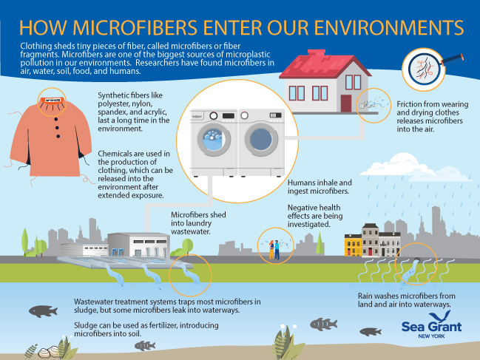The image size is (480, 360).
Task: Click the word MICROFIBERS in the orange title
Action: click(x=135, y=27)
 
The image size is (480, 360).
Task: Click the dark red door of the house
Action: click(x=346, y=103)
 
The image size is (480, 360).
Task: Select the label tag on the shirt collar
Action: click(x=53, y=100)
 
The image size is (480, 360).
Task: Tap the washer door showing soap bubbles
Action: click(x=214, y=140)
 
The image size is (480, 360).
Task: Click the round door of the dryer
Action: click(x=261, y=140)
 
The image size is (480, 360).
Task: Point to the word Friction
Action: click(x=410, y=104)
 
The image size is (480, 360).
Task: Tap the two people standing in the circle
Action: click(x=274, y=250)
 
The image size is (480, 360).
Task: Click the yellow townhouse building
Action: click(x=353, y=245)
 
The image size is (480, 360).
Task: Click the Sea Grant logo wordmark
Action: click(x=431, y=327)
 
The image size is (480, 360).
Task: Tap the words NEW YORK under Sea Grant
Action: click(x=431, y=336)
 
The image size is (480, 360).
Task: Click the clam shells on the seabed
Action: click(x=50, y=352)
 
